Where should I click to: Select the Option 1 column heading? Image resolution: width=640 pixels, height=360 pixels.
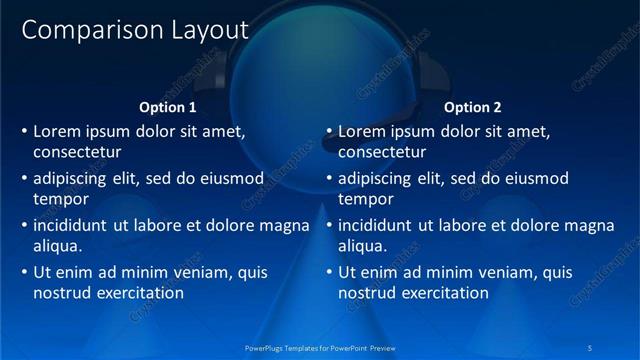tap(168, 107)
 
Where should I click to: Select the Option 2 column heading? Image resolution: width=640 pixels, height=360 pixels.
tap(473, 107)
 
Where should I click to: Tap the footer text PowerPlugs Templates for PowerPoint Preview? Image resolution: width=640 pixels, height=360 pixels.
tap(320, 348)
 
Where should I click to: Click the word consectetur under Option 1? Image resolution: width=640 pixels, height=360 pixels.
tap(77, 153)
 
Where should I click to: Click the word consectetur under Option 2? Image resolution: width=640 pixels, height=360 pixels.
tap(382, 153)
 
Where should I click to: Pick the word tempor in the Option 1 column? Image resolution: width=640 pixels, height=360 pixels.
tap(60, 199)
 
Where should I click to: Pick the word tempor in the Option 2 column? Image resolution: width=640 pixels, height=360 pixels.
tap(365, 199)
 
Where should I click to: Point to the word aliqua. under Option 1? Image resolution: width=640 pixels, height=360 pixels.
tap(57, 246)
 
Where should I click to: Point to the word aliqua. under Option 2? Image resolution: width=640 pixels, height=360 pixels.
tap(362, 246)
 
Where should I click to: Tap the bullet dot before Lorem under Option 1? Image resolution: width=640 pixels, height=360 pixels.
tap(24, 131)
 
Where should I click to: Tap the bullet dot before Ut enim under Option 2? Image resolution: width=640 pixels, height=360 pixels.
tap(329, 272)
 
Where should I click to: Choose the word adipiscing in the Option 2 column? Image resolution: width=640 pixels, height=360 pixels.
tap(375, 179)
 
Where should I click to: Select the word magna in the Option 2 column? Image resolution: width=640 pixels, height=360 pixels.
tap(589, 225)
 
